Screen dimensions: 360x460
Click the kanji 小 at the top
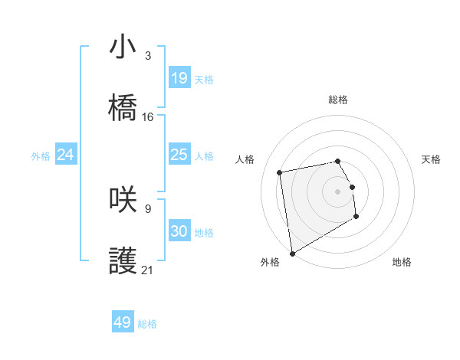[123, 47]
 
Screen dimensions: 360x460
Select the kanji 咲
[123, 200]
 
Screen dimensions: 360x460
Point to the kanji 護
[123, 261]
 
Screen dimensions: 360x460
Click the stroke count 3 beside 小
[148, 55]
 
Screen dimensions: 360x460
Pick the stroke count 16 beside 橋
[148, 116]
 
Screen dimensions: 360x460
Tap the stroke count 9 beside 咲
[148, 208]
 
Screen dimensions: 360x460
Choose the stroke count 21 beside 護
[148, 270]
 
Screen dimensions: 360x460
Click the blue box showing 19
[179, 78]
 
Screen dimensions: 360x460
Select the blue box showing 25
[179, 155]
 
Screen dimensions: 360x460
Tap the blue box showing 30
[179, 231]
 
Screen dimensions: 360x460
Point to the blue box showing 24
[66, 155]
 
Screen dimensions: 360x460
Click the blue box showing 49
[123, 322]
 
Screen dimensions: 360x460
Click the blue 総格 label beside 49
[147, 324]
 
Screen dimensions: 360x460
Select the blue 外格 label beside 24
[41, 156]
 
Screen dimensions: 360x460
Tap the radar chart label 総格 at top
[338, 100]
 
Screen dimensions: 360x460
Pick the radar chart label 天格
[431, 159]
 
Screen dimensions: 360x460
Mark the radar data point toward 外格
[292, 253]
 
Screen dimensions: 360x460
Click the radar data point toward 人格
[280, 172]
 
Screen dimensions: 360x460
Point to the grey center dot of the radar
[337, 191]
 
